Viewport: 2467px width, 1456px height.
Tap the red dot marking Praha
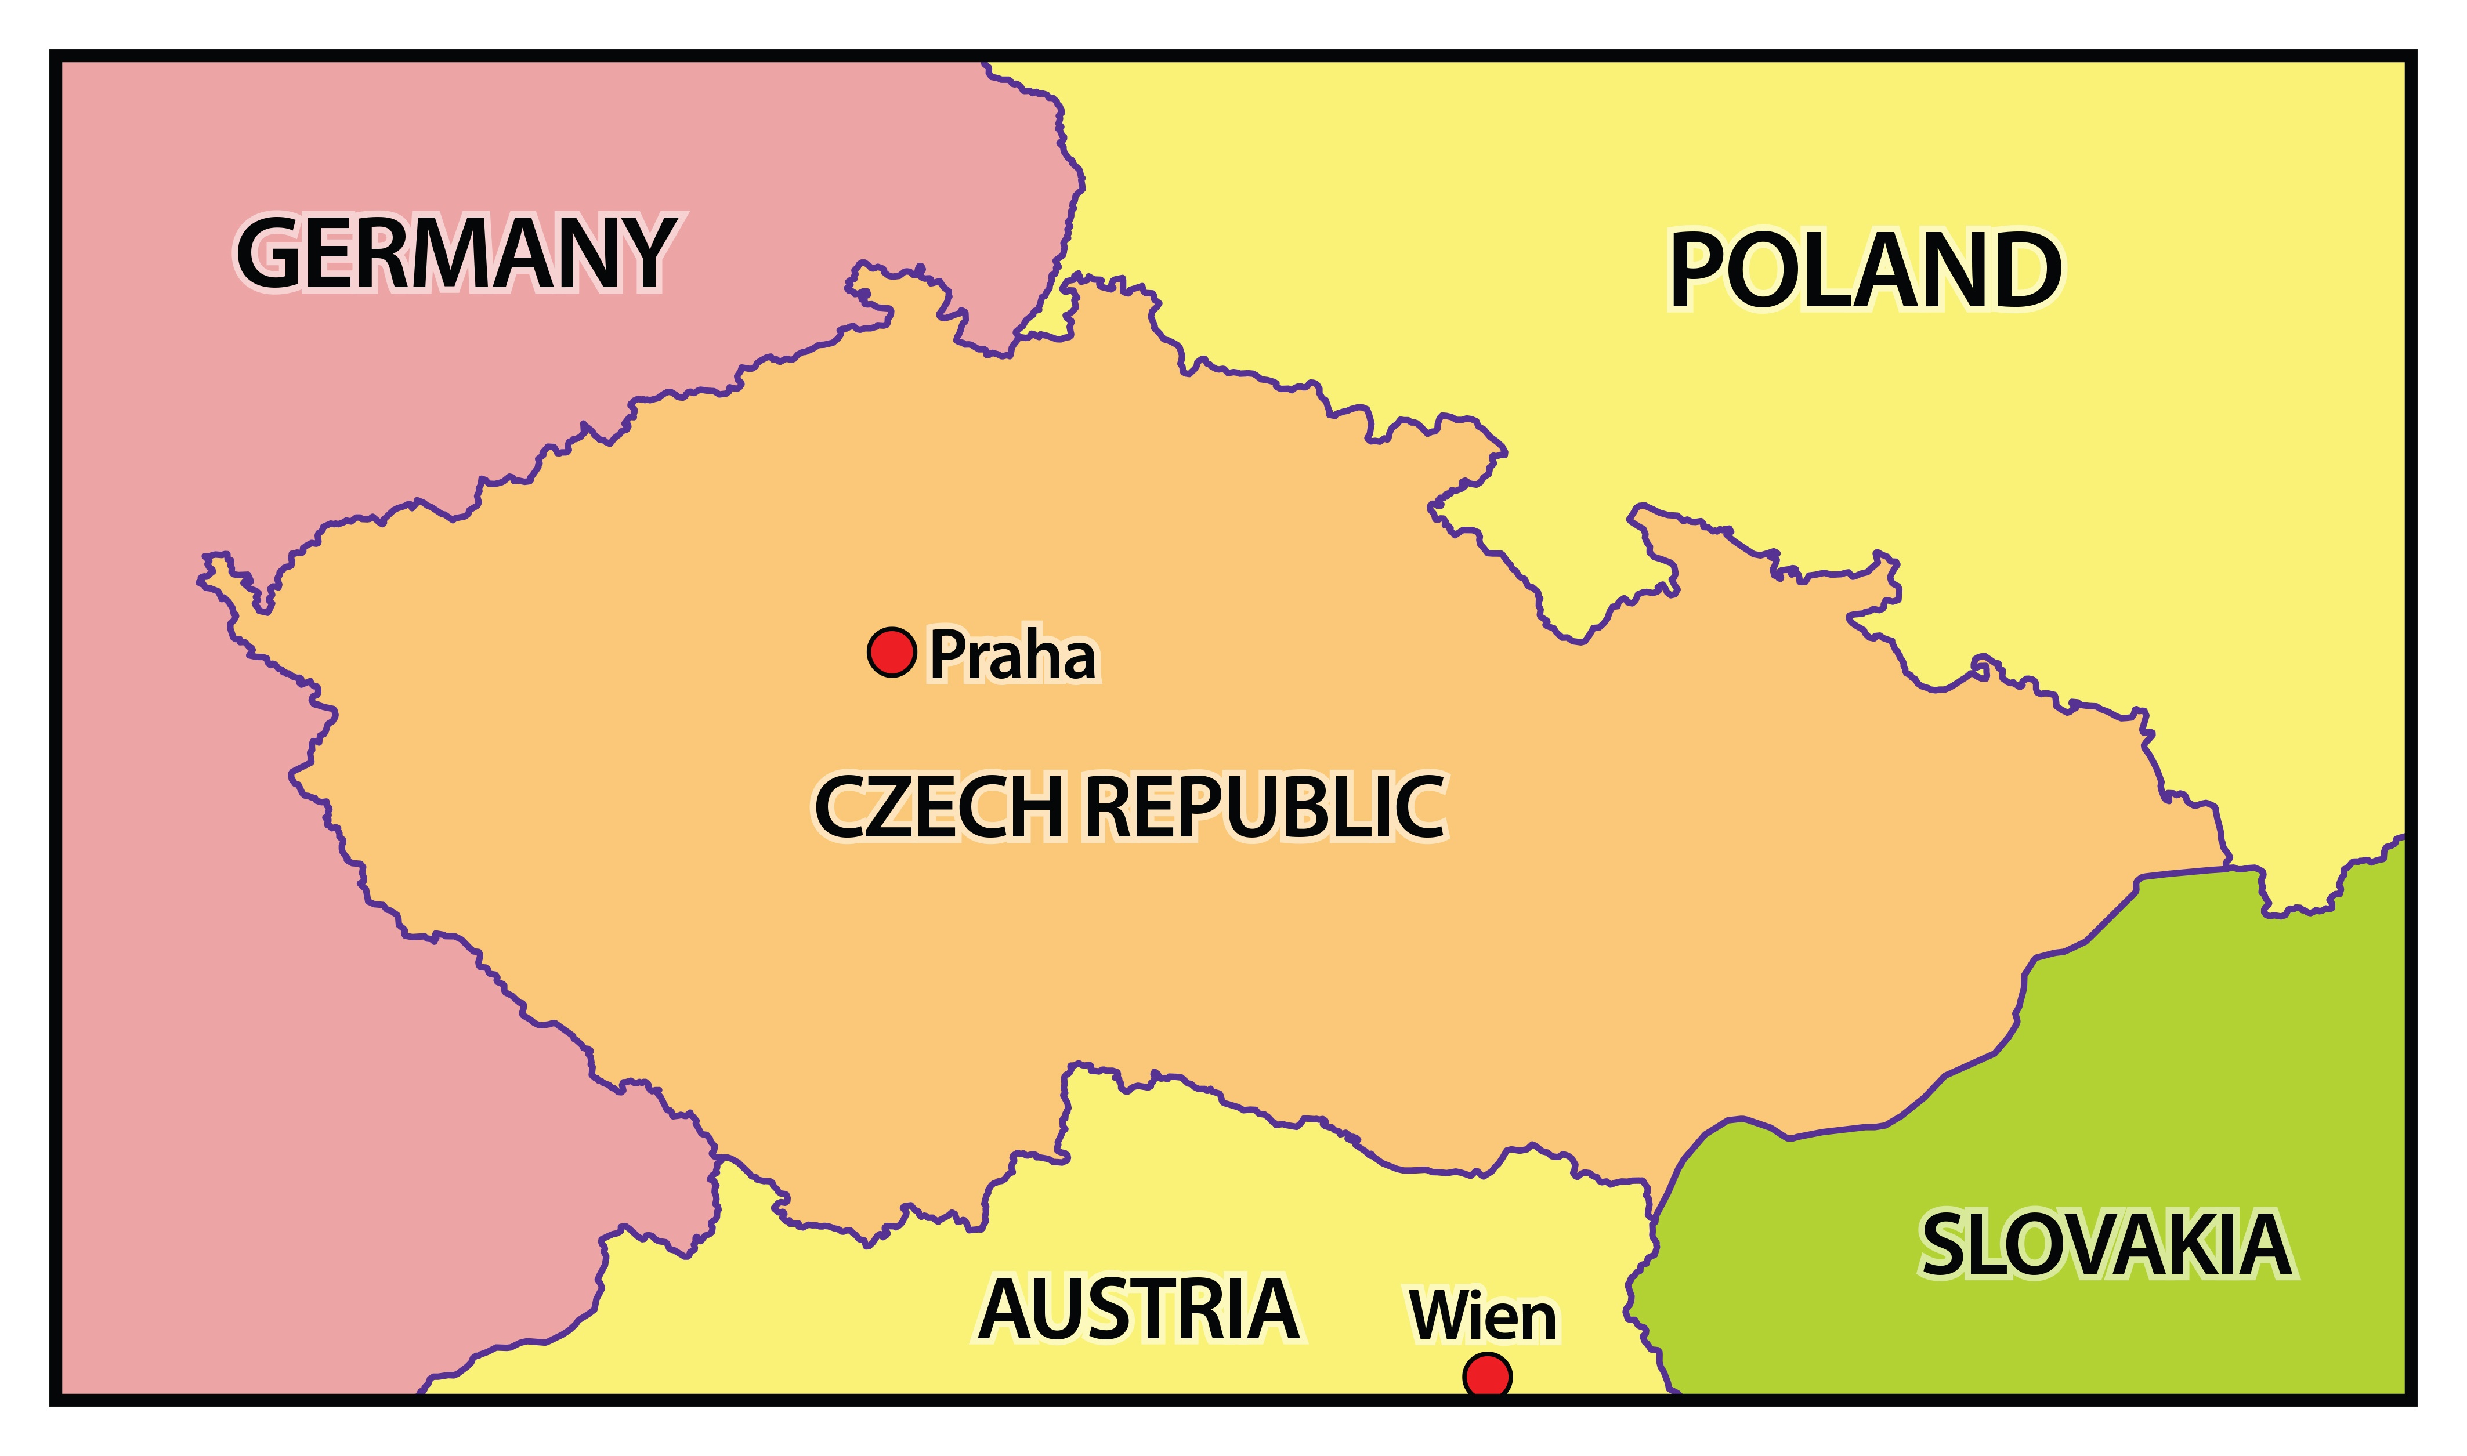tap(892, 651)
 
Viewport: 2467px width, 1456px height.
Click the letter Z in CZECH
tap(895, 807)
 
